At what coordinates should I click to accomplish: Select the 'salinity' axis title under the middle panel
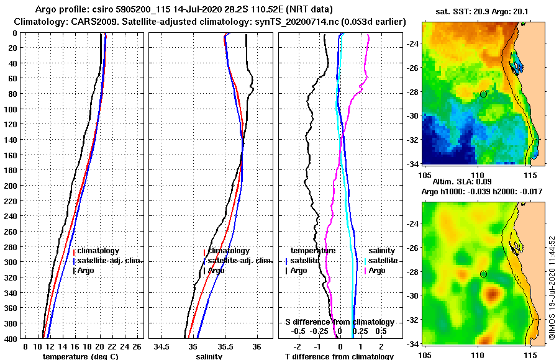208,356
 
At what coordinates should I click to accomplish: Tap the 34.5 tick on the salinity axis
163,346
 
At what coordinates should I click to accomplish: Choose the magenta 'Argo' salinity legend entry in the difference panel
376,271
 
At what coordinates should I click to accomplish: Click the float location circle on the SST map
483,94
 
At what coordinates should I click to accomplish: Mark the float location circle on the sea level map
483,274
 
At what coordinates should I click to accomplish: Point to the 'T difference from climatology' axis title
339,356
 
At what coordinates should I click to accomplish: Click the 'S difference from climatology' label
340,322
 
